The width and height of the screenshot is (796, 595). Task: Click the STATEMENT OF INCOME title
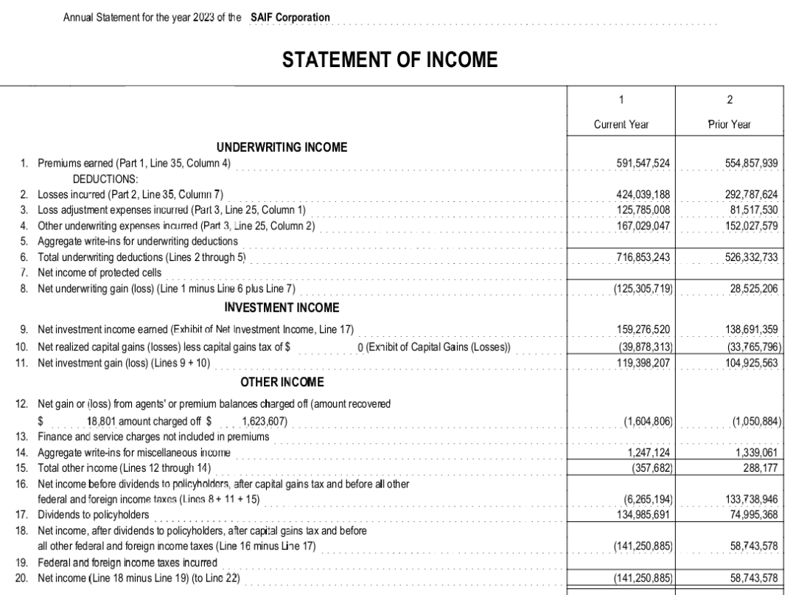pos(390,60)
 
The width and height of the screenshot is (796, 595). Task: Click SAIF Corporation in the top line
pos(290,17)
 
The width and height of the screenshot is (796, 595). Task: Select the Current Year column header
pos(621,125)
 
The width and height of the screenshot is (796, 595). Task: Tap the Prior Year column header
pos(729,125)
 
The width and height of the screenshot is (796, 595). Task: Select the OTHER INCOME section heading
pos(282,382)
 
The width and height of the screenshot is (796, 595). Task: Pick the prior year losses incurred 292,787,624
pos(750,195)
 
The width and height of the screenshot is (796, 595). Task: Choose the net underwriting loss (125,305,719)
pos(643,288)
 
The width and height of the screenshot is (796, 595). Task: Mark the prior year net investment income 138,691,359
pos(750,330)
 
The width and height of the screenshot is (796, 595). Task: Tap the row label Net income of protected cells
pos(99,272)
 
